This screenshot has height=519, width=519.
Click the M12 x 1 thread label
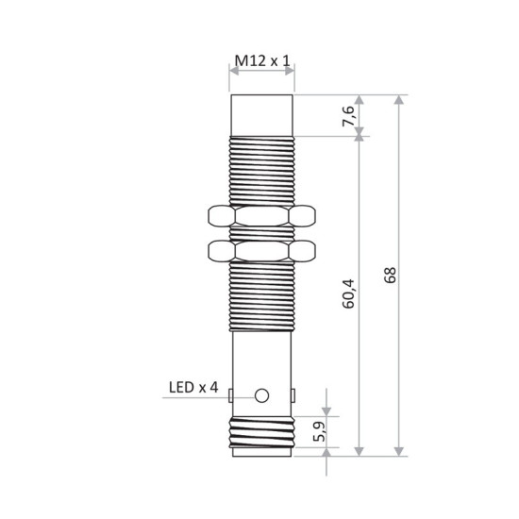(x=262, y=62)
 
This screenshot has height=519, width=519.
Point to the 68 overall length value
(x=390, y=275)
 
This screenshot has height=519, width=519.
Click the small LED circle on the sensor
(x=263, y=394)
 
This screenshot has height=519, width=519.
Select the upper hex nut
(x=262, y=217)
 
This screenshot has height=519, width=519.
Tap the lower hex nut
(x=262, y=251)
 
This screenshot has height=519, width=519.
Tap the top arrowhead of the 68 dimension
(x=401, y=100)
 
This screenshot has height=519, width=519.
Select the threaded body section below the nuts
(x=262, y=300)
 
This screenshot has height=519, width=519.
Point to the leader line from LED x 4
(x=217, y=396)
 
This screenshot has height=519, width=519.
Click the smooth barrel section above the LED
(x=262, y=359)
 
